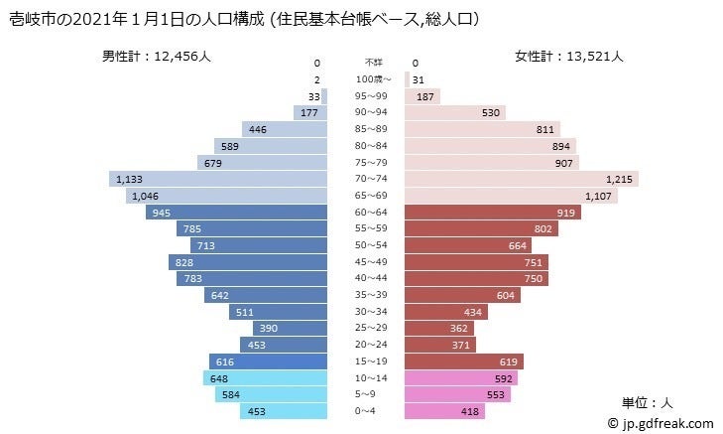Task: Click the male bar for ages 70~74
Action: coord(218,179)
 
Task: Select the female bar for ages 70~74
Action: coord(521,179)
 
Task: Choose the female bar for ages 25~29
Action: coord(440,328)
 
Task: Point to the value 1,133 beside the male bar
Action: coord(130,179)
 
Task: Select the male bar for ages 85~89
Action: coord(284,129)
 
